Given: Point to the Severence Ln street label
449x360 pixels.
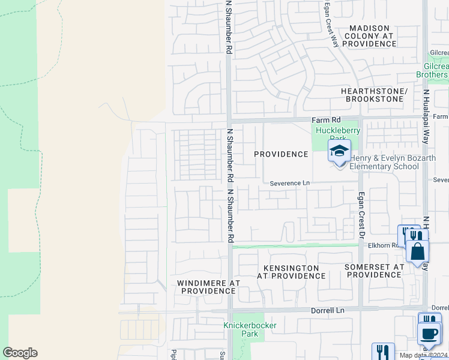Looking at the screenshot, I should [289, 183].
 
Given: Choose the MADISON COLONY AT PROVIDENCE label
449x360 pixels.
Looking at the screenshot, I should [370, 36].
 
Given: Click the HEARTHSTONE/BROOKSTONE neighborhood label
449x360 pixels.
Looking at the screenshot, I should [374, 95].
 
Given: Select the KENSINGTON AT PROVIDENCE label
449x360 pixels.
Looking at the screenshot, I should [291, 272].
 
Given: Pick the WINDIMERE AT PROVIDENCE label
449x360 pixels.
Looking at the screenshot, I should [208, 287].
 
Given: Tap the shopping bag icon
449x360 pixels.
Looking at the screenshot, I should [417, 251].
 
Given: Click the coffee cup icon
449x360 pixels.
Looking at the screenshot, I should [429, 333].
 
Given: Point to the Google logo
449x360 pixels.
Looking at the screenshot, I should [20, 353].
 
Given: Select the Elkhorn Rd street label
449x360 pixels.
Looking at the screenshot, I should [387, 245].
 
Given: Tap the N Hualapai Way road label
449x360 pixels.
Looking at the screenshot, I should [426, 117].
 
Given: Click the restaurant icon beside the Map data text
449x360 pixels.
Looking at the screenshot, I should [382, 351].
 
